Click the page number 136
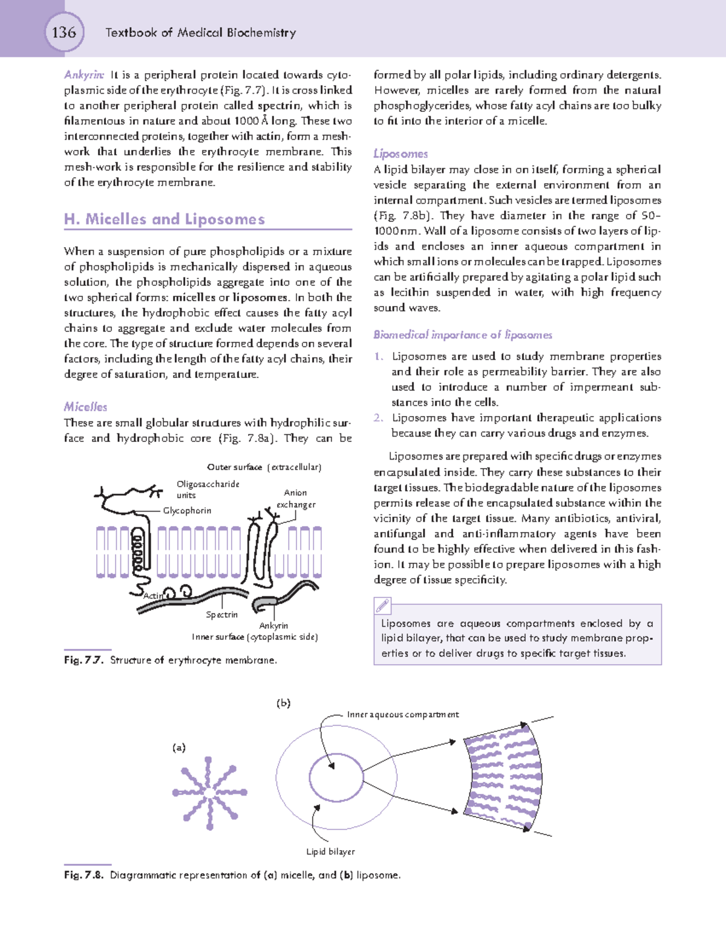click(64, 32)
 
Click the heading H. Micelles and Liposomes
click(165, 219)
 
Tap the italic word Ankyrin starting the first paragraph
click(84, 75)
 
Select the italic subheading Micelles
click(85, 407)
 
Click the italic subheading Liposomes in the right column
click(401, 154)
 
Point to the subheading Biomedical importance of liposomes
click(463, 334)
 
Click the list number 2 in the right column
click(378, 418)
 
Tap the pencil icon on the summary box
click(383, 605)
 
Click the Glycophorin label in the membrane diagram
click(187, 510)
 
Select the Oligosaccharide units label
click(208, 489)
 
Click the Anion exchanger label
click(296, 498)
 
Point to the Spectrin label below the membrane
click(221, 614)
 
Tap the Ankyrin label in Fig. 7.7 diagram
click(273, 625)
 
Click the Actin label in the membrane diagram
click(153, 596)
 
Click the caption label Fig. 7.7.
click(84, 660)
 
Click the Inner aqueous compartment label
click(402, 715)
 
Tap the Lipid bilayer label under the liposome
click(330, 851)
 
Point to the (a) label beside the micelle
click(178, 747)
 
